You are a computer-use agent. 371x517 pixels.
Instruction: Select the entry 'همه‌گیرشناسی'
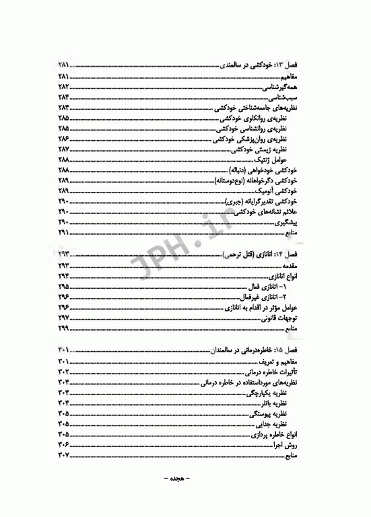pyautogui.click(x=288, y=88)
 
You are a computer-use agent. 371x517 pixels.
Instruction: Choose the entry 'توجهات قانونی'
pyautogui.click(x=285, y=318)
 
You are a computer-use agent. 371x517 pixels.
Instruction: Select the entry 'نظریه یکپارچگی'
pyautogui.click(x=279, y=392)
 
